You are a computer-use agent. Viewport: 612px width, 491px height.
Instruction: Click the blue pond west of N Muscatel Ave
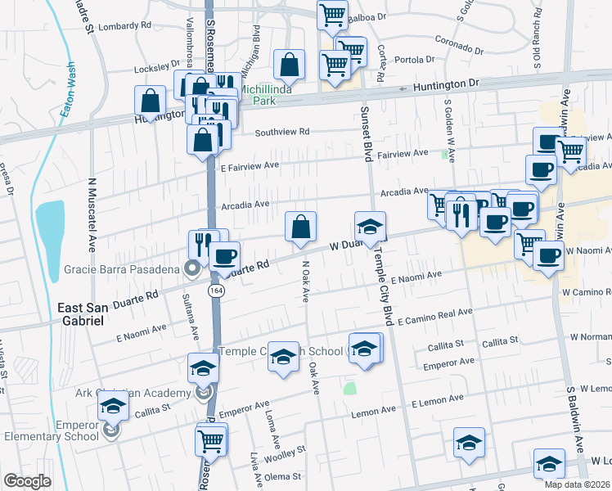[49, 225]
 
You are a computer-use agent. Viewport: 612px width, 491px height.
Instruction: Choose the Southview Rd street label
[281, 132]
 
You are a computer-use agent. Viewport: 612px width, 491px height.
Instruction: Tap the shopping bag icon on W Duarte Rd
[300, 227]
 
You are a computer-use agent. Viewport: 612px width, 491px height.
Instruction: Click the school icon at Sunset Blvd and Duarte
[370, 227]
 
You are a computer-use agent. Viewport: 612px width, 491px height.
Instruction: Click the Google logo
[27, 481]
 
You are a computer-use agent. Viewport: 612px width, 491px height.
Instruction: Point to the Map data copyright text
[577, 484]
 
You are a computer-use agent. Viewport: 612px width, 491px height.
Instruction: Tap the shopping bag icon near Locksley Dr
[290, 64]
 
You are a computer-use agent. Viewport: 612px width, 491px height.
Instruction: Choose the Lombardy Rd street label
[124, 26]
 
